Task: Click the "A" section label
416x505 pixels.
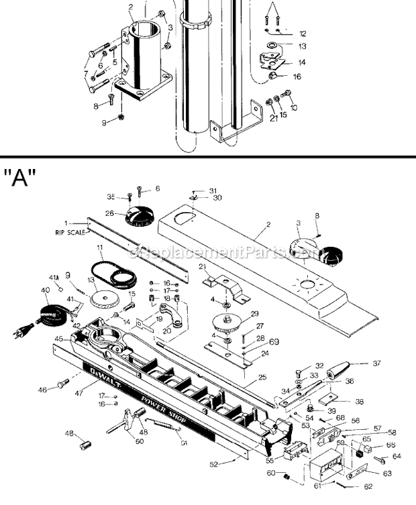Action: coord(20,179)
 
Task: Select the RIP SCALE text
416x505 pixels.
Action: coord(70,233)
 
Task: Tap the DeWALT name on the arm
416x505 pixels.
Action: coord(97,370)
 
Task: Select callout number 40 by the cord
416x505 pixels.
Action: coord(46,291)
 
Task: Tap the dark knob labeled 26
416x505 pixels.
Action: coord(140,217)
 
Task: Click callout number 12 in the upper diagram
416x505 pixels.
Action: coord(302,33)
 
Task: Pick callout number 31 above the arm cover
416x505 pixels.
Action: coord(213,190)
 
